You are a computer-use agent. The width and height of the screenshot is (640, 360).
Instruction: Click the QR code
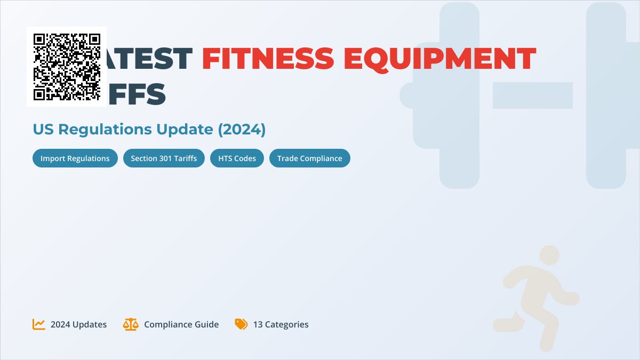point(67,67)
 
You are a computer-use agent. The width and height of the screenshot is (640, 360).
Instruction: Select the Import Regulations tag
point(75,158)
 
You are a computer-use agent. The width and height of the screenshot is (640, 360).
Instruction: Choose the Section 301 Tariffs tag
point(164,158)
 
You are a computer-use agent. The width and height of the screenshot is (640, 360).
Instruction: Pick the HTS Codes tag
point(237,158)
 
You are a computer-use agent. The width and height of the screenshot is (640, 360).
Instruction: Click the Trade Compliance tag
point(309,158)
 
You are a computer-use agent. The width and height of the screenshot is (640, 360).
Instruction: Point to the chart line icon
point(39,324)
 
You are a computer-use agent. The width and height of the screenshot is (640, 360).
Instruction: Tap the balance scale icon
point(130,324)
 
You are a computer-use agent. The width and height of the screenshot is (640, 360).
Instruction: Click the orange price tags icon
point(241,324)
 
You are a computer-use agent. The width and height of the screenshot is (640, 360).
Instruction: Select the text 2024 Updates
point(78,324)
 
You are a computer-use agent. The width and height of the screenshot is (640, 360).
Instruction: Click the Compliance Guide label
point(181,324)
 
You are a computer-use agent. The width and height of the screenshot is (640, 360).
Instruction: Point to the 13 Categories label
point(281,324)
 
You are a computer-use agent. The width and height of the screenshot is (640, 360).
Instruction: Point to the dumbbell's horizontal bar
point(532,95)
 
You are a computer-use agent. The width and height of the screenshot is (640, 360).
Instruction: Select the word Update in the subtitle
point(183,129)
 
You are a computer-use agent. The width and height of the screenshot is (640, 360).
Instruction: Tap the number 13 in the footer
point(258,324)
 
